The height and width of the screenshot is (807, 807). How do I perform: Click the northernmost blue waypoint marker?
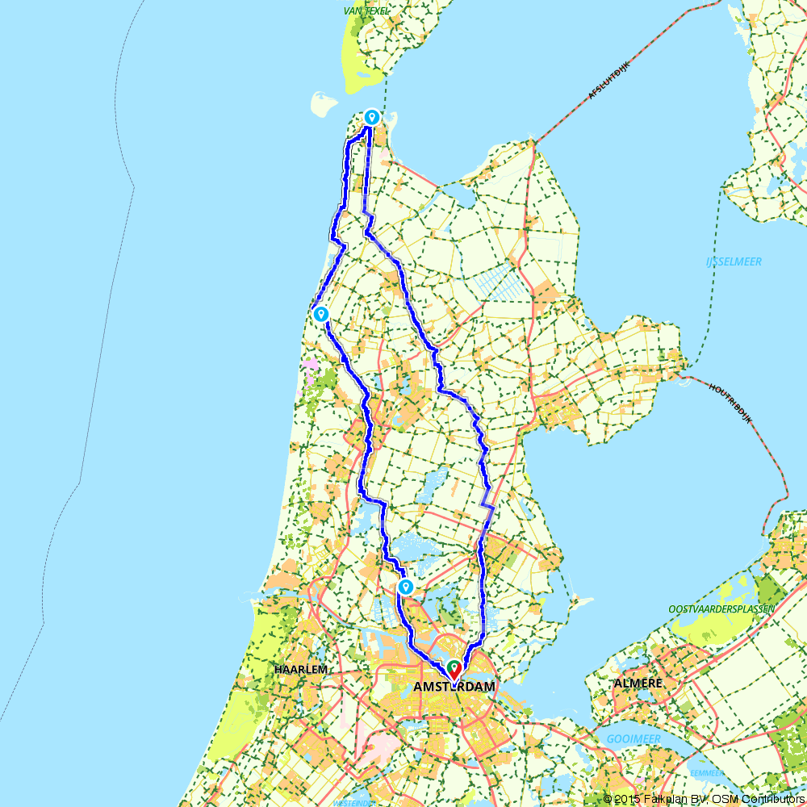tap(371, 117)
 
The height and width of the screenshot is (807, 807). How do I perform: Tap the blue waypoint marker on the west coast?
tap(321, 314)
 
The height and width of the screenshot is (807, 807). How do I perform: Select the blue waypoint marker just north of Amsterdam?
tap(406, 587)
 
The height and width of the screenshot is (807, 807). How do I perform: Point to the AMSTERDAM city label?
tap(454, 687)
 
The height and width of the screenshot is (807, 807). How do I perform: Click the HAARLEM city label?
tap(300, 670)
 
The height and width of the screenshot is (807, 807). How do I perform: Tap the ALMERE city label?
tap(638, 684)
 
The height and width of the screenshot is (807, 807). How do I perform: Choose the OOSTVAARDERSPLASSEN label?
tap(721, 608)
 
